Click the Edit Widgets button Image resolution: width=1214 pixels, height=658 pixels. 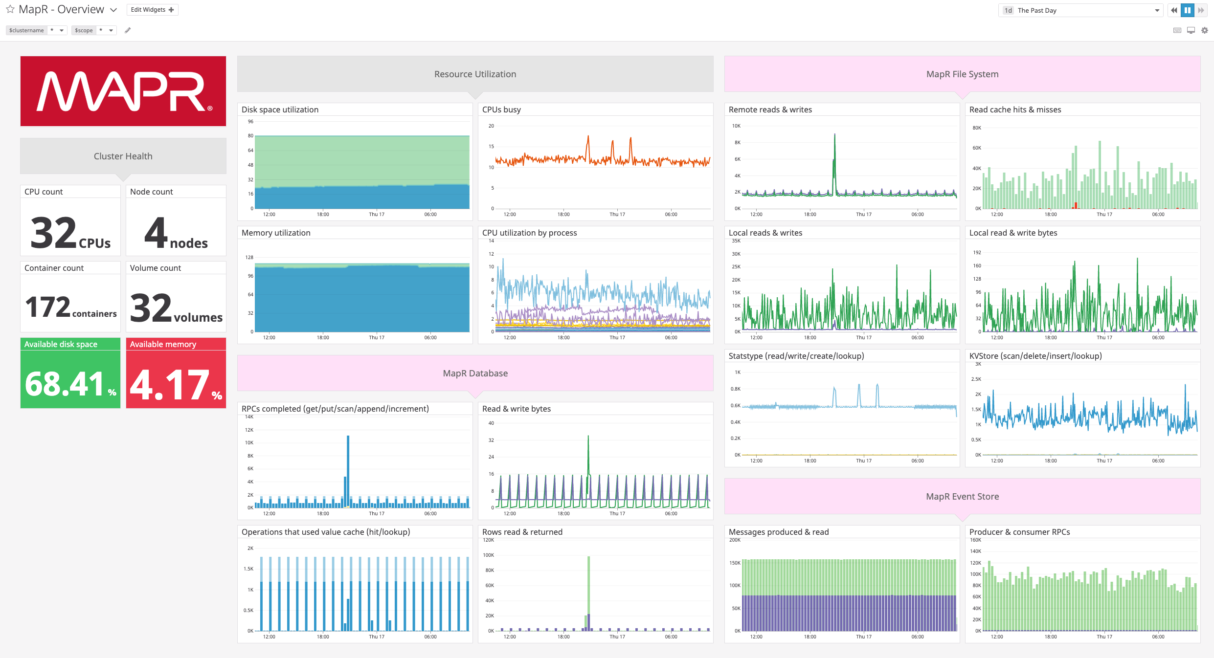[152, 10]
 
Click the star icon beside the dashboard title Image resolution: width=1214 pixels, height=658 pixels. [10, 9]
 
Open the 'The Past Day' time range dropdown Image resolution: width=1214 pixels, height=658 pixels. [1081, 10]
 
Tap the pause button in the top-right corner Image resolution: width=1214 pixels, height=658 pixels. [1188, 10]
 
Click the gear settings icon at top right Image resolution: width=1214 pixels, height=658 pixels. [1205, 30]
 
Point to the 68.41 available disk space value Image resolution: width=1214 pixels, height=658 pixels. [65, 384]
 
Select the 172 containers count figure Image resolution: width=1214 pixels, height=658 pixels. [48, 307]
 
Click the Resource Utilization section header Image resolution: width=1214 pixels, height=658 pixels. [475, 74]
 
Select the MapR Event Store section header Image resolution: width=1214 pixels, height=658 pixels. [962, 497]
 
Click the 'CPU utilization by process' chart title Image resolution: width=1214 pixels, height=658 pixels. [529, 233]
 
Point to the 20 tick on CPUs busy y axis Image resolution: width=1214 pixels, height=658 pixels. [491, 126]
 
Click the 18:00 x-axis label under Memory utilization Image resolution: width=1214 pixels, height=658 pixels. [323, 338]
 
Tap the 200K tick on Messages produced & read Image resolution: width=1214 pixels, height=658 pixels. [735, 540]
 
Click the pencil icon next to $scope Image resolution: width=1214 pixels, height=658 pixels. [128, 30]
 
